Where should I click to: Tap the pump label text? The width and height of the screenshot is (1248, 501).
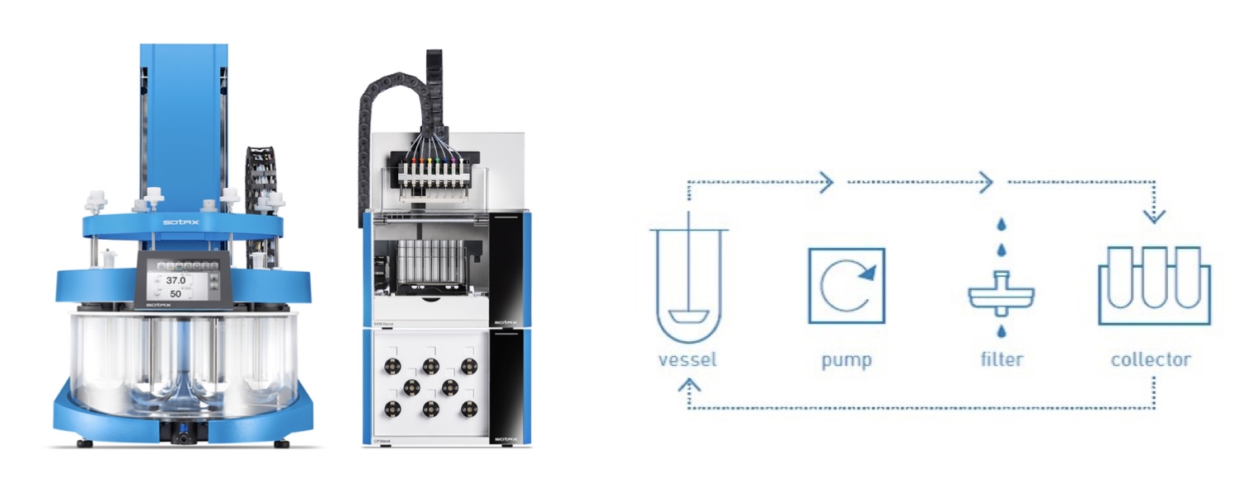point(847,359)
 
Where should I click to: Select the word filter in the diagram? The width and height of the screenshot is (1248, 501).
point(1001,359)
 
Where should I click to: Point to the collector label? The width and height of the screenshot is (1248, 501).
point(1151,359)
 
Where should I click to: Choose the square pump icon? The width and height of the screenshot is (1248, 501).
point(847,285)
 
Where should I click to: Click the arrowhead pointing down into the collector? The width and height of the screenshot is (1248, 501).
point(1154,217)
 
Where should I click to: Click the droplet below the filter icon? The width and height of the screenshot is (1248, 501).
point(1001,331)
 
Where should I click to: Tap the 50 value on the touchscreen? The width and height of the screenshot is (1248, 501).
point(175,294)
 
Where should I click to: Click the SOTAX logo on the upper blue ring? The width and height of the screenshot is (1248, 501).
point(180,222)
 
